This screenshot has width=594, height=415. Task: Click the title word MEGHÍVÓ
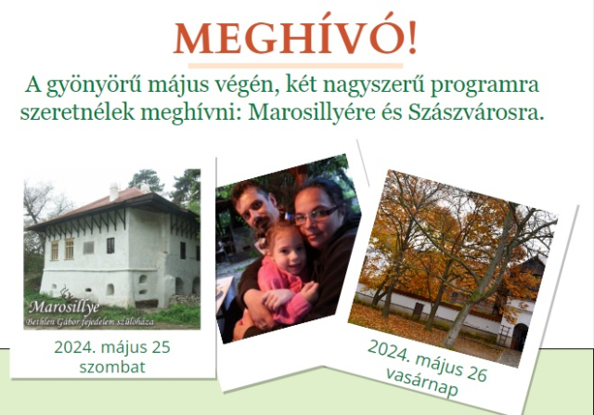(x=290, y=37)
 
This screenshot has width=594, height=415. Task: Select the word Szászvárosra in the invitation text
(x=476, y=112)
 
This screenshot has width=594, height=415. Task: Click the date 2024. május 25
(x=112, y=347)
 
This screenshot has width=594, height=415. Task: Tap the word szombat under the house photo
(x=112, y=367)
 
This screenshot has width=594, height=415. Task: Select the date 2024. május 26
(x=427, y=360)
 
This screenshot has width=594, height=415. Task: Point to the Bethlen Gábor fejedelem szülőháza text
(x=90, y=322)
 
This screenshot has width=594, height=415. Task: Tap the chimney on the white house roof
(x=113, y=192)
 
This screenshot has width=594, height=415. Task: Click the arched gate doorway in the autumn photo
(x=519, y=337)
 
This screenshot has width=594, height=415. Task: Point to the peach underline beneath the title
(x=295, y=66)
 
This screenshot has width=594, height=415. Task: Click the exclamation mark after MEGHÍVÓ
(x=412, y=37)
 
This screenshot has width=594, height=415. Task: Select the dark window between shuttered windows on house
(x=110, y=246)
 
